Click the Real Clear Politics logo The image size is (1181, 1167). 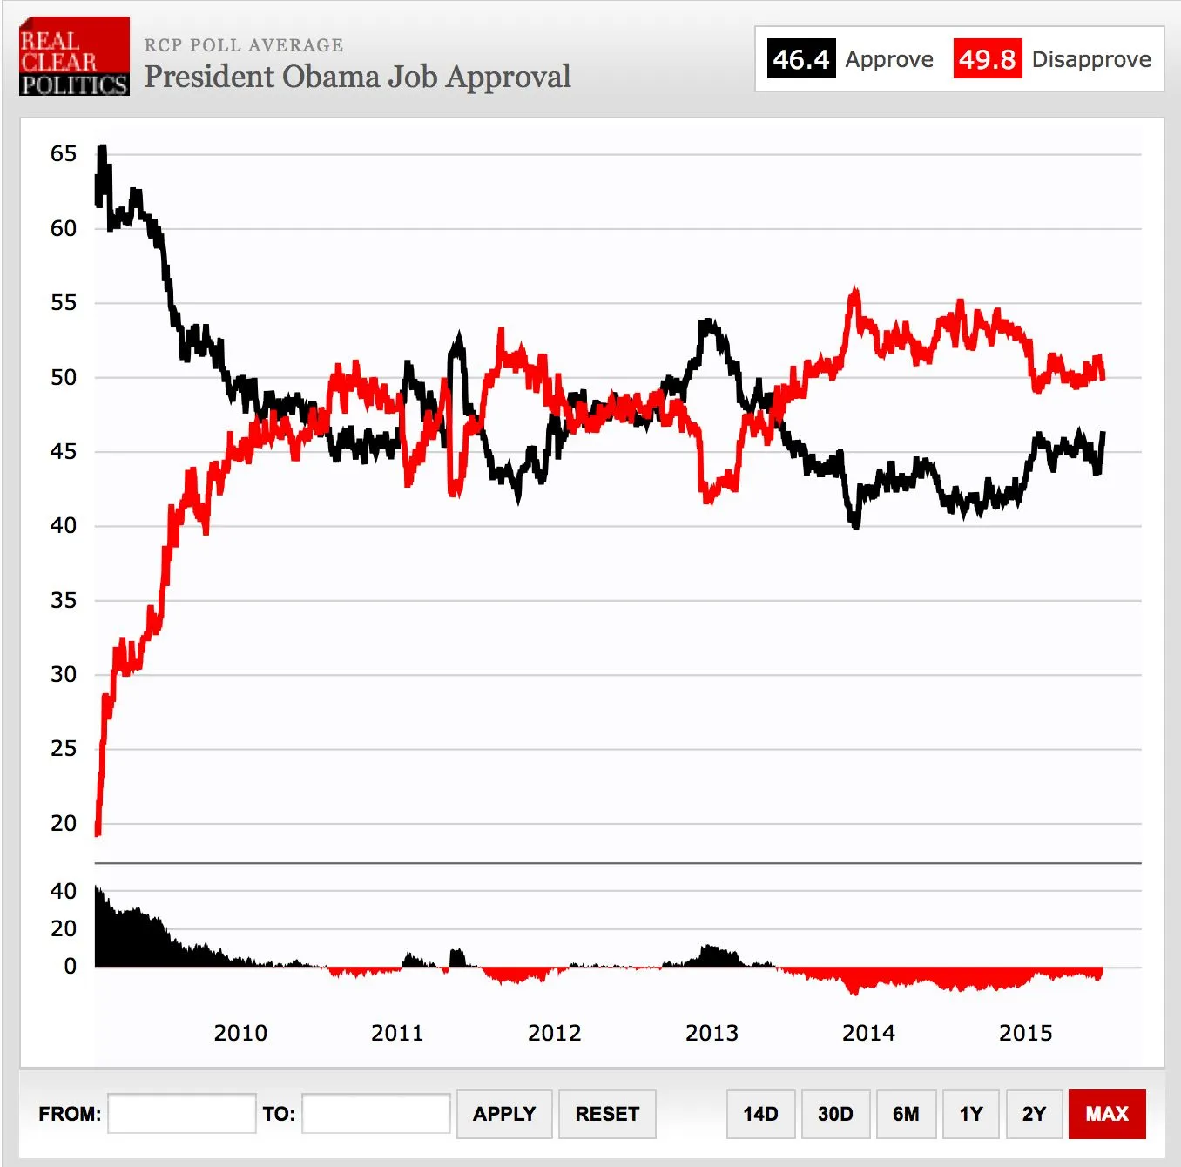[x=74, y=56]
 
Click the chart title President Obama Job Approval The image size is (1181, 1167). [x=357, y=77]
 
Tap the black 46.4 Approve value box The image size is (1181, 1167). [x=800, y=59]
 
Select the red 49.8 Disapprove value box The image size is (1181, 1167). [x=987, y=59]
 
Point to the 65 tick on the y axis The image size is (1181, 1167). [x=64, y=154]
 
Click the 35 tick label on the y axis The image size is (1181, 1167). [x=64, y=600]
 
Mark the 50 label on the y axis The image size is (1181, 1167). [x=64, y=377]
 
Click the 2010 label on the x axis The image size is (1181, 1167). [x=240, y=1033]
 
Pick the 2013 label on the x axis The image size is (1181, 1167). [x=712, y=1033]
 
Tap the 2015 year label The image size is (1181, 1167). [x=1025, y=1033]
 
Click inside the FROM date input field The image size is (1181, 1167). [x=181, y=1114]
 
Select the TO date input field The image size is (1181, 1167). [x=375, y=1114]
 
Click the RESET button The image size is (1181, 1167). [x=607, y=1114]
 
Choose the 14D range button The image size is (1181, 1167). [x=760, y=1114]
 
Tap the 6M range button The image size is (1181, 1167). [x=906, y=1114]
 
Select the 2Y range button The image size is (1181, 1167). [x=1034, y=1114]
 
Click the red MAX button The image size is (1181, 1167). [x=1107, y=1114]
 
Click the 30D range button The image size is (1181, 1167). [x=835, y=1114]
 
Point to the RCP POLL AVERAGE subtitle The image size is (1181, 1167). [x=244, y=45]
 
